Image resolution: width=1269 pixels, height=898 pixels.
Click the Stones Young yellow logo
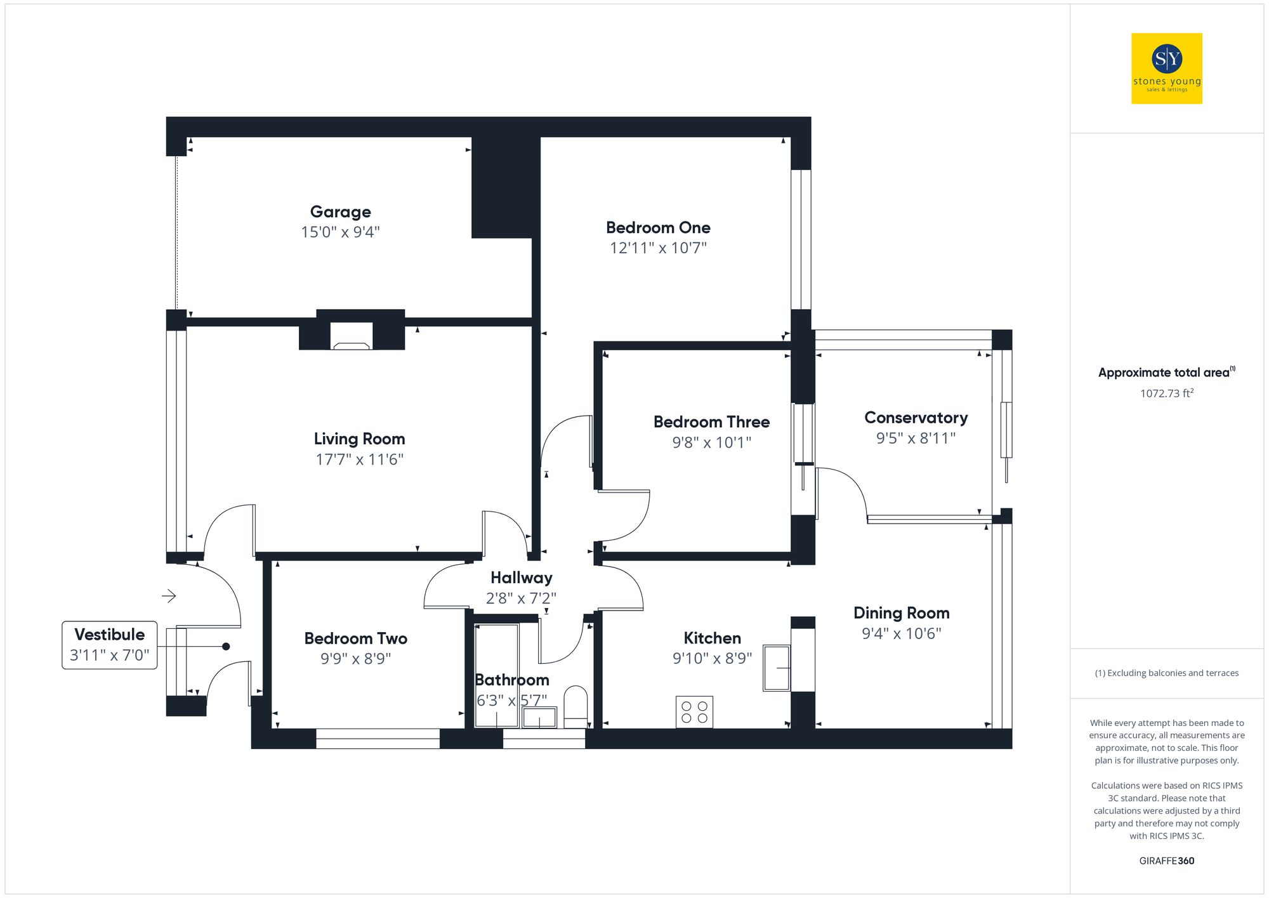tap(1166, 69)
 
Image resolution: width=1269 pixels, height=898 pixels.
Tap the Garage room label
tap(340, 212)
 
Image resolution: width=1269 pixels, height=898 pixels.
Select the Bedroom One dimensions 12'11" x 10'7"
tap(658, 248)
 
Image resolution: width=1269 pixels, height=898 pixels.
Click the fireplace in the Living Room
tap(352, 336)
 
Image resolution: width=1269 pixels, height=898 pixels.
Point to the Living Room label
tap(359, 439)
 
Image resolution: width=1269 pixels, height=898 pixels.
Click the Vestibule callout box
tap(109, 645)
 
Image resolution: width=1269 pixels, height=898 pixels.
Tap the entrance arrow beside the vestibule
tap(169, 596)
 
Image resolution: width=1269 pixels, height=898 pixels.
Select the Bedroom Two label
tap(355, 638)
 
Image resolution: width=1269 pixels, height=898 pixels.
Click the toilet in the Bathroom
tap(575, 706)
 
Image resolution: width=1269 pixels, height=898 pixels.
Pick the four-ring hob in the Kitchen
tap(694, 712)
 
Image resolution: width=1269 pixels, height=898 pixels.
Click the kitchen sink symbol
tap(777, 668)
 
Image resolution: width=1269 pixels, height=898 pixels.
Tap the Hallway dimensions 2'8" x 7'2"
tap(521, 598)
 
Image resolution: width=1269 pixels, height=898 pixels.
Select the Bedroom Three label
tap(711, 422)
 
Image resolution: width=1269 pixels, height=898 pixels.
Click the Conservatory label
tap(916, 418)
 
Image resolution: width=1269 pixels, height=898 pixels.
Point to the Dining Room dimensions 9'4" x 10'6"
tap(901, 633)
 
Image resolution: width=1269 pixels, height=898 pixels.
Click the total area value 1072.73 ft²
tap(1166, 393)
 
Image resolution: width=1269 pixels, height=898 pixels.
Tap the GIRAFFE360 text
tap(1166, 861)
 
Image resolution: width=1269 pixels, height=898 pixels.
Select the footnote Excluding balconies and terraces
tap(1166, 673)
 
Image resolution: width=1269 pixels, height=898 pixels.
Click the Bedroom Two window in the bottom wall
tap(378, 739)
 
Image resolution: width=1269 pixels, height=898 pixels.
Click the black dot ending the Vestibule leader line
tap(226, 647)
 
